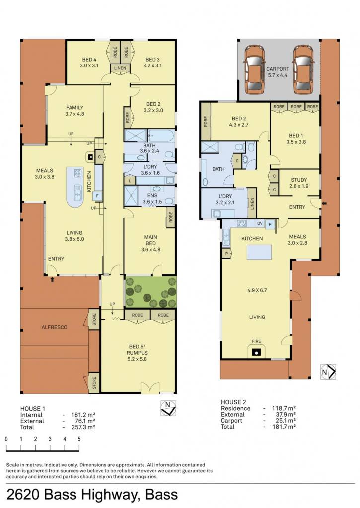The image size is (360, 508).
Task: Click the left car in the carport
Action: coord(255,69)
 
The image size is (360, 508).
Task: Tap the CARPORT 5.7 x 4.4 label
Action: coord(278,72)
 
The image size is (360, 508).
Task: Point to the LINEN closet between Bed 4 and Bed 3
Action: coord(120,68)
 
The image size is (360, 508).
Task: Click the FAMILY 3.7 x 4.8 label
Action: coord(75,111)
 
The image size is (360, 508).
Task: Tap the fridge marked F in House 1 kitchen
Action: coord(97,195)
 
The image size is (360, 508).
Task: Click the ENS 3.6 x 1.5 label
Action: coord(152,199)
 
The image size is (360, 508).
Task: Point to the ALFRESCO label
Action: coord(55,327)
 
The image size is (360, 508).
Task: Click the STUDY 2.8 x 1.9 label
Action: coord(299,183)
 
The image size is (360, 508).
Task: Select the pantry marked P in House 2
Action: coord(227,254)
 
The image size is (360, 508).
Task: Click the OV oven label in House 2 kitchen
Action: coord(260,224)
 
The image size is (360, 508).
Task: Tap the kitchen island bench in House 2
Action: coord(259,252)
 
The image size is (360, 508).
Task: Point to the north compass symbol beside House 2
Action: coord(328,372)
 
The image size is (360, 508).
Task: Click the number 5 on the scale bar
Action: coord(79,439)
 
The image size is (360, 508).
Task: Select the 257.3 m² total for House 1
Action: coord(83,427)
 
